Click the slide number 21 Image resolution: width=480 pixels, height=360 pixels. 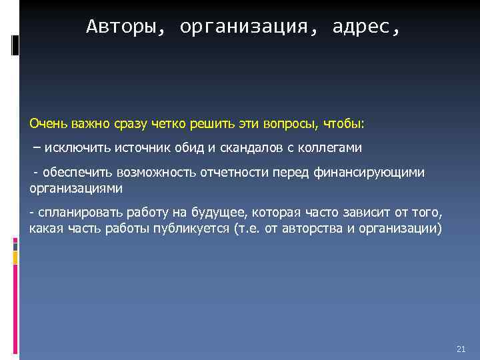[461, 349]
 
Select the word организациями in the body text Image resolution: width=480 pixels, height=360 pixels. [76, 188]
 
